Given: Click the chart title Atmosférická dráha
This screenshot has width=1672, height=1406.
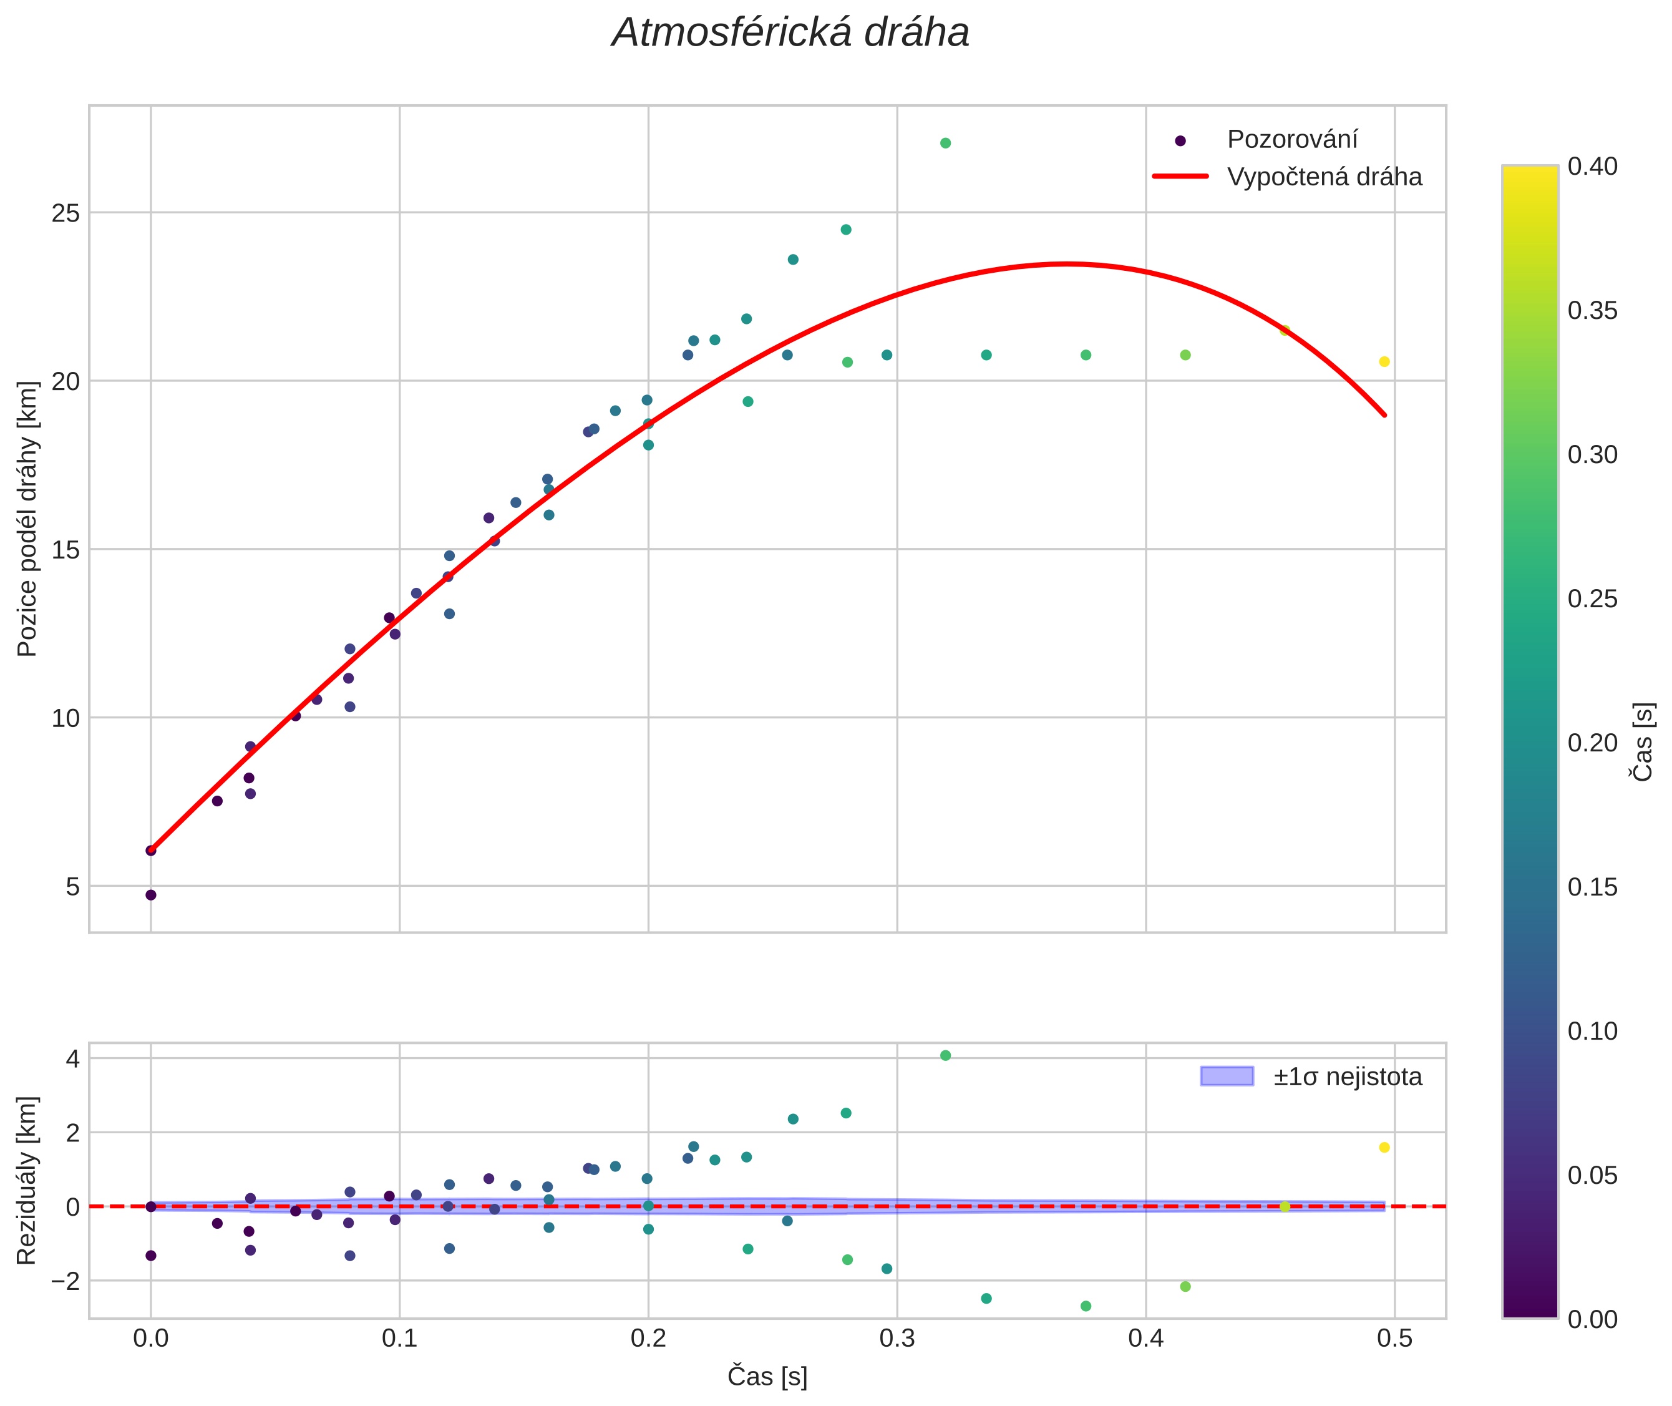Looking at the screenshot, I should tap(790, 34).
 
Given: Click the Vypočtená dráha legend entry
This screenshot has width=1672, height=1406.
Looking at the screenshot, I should tap(1323, 177).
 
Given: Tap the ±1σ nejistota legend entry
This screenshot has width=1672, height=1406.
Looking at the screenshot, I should tap(1347, 1077).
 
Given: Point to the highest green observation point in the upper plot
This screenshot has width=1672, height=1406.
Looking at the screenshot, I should tap(945, 144).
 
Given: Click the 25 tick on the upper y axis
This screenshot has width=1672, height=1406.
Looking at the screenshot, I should tap(66, 213).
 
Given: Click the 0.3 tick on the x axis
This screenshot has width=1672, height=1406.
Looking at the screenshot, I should tap(897, 1338).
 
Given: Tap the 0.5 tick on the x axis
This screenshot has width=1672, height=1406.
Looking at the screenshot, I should tap(1394, 1338).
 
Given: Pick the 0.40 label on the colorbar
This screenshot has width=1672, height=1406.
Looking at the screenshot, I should tap(1592, 167).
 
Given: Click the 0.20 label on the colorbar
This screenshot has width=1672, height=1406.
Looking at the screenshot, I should tap(1592, 743).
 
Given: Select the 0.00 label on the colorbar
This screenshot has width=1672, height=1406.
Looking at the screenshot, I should tap(1592, 1319).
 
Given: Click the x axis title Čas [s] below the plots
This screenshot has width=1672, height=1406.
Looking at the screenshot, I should tap(767, 1377).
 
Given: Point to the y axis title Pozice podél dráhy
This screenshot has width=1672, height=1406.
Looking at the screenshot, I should tap(28, 518).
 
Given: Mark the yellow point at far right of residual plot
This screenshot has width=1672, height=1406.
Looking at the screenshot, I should tap(1384, 1148).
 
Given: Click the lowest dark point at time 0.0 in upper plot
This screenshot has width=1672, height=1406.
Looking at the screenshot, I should tap(150, 895).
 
